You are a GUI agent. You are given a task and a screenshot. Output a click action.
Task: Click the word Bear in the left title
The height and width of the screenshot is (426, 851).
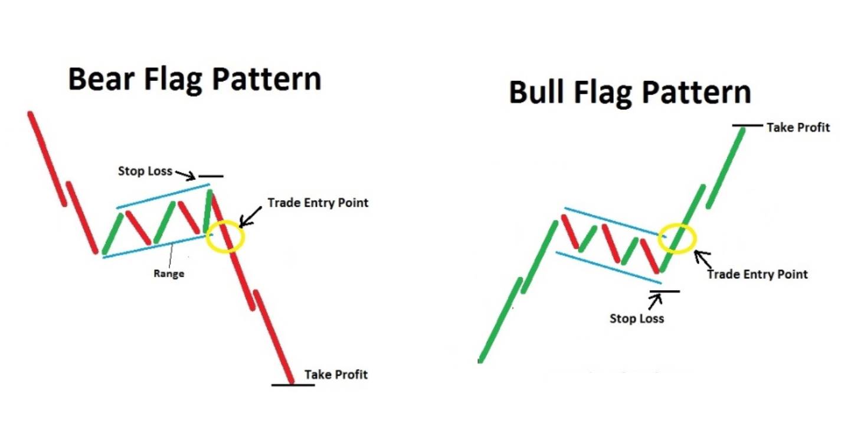pos(101,79)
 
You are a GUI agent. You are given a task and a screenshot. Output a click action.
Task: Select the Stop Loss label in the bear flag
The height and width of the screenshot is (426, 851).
pos(145,171)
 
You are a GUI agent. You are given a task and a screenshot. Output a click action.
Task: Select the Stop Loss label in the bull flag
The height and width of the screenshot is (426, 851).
pos(637,318)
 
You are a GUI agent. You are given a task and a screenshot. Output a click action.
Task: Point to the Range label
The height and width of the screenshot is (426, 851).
pos(169,274)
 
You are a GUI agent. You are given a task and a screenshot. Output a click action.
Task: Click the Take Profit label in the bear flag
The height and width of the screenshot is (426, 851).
pos(336,375)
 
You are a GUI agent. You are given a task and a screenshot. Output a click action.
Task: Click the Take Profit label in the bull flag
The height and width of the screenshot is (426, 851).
pos(798,128)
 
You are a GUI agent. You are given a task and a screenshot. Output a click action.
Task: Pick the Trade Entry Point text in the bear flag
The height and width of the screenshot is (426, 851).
pos(318,203)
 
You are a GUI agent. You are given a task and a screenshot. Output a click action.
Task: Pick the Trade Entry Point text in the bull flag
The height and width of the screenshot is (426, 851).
pos(758,274)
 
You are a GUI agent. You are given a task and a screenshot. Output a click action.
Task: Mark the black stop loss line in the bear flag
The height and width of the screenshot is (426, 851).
pos(211,176)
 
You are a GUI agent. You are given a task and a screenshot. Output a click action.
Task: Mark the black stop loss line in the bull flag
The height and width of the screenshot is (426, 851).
pos(665,291)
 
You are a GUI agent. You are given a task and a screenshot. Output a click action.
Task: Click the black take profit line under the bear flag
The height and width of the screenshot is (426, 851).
pos(293,385)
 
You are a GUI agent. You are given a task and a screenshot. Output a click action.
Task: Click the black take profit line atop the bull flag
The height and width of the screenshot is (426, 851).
pos(747,125)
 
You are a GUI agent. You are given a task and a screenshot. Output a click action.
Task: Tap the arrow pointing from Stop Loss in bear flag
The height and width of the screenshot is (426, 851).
pos(185,175)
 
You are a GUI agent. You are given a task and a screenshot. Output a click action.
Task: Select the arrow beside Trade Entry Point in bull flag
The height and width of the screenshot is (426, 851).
pos(703,259)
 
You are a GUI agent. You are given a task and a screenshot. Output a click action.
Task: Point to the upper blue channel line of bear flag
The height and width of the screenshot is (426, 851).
pos(163,196)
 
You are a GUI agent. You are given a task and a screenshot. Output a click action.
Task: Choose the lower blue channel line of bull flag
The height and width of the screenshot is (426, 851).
pos(608,268)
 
